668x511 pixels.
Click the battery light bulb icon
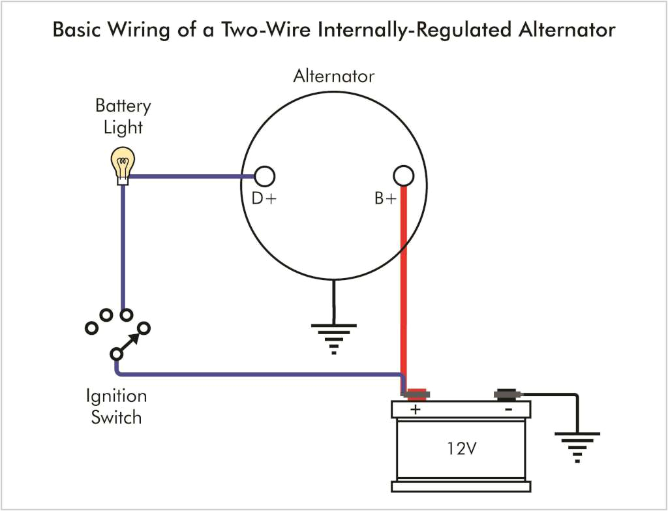tap(122, 163)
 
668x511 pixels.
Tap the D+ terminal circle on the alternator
tap(264, 176)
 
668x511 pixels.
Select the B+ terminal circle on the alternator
tap(404, 176)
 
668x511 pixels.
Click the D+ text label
tap(264, 199)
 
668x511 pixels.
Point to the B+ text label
tap(386, 199)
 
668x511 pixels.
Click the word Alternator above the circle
tap(333, 76)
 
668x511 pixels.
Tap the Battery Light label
tap(123, 116)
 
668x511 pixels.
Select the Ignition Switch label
tap(116, 407)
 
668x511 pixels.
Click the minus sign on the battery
tap(508, 409)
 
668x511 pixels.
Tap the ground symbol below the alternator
tap(333, 337)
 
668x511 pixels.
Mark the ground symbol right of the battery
tap(577, 446)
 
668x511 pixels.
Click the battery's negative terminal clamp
tap(506, 394)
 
